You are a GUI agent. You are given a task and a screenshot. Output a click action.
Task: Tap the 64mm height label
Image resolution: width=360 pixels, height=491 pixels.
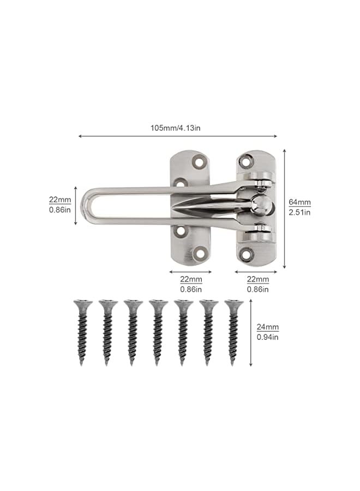pos(299,202)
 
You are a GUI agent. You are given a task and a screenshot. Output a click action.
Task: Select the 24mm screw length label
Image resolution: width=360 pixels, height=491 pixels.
pos(268,327)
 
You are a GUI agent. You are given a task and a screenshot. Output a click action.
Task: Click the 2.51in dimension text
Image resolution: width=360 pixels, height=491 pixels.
pos(299,212)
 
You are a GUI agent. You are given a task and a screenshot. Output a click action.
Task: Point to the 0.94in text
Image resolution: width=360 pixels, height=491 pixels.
pos(268,337)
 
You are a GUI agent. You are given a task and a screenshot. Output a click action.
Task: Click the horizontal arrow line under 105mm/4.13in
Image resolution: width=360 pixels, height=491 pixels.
pos(178,136)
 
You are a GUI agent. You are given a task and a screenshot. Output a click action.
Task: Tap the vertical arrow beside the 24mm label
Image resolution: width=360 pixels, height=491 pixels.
pos(251,332)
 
